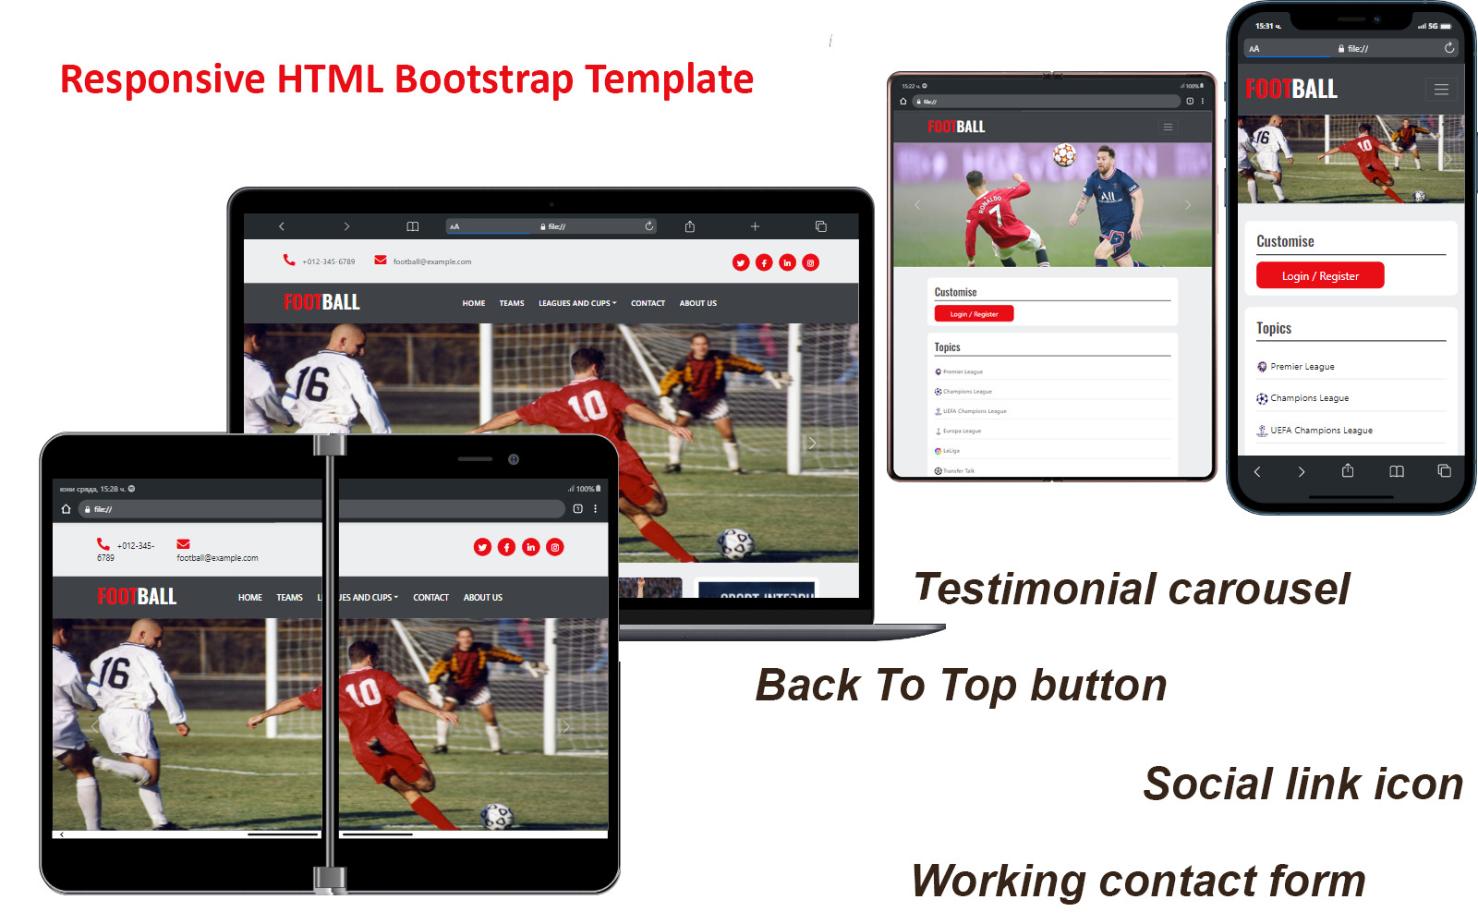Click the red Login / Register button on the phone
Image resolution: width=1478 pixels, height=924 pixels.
[x=1319, y=275]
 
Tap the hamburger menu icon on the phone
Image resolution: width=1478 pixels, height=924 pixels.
[x=1441, y=90]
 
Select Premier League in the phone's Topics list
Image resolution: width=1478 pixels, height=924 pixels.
[x=1302, y=367]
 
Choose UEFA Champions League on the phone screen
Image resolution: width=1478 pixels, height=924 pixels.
[x=1321, y=431]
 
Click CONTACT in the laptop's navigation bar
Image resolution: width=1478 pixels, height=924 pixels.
[x=648, y=303]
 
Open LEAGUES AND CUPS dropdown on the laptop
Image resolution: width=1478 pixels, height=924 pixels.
[x=576, y=303]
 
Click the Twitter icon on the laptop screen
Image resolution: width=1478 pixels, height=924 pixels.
[x=741, y=263]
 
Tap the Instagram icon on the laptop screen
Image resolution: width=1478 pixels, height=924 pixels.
[x=810, y=263]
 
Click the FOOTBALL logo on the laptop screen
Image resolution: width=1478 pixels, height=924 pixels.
[x=321, y=302]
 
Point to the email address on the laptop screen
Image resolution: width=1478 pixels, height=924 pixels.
[x=431, y=261]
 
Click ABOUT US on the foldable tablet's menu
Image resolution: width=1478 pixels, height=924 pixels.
[x=483, y=598]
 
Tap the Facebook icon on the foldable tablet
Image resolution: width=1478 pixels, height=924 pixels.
[x=506, y=547]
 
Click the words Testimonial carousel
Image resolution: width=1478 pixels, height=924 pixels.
[x=1132, y=590]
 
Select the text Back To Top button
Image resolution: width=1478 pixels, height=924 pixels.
[x=961, y=686]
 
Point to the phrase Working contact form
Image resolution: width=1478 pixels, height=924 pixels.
[x=1138, y=881]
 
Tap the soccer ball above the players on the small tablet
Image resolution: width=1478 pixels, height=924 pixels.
[x=1064, y=155]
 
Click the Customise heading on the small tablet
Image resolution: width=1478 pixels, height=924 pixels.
[x=955, y=292]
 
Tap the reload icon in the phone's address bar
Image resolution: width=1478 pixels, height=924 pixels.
[x=1448, y=48]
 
